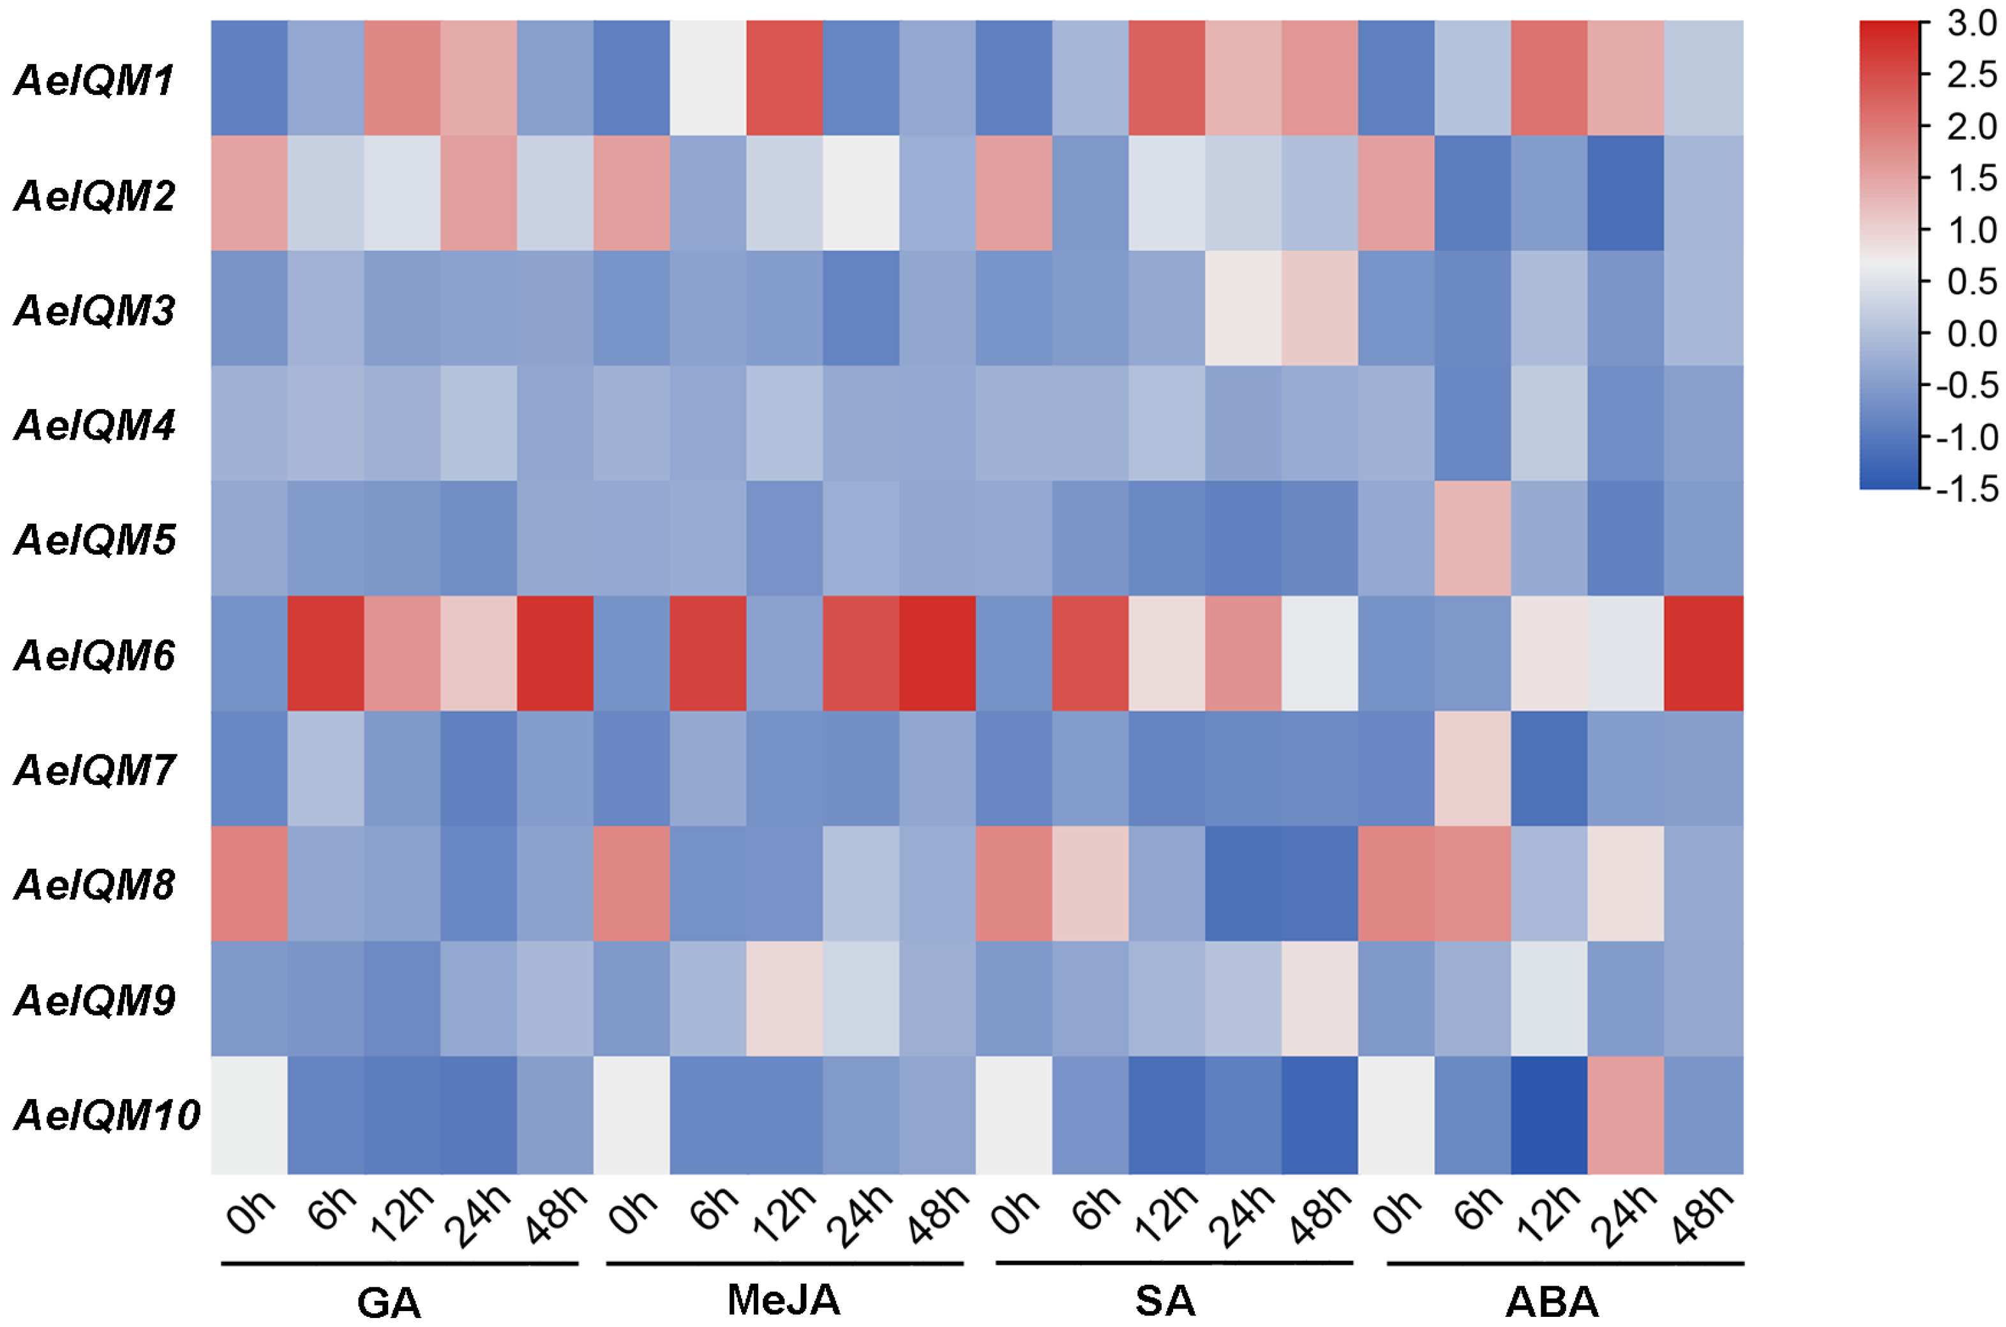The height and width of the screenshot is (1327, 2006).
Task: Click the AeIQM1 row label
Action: (x=94, y=80)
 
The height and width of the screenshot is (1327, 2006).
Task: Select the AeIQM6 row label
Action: (x=94, y=656)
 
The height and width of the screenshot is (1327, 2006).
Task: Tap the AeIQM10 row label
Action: (x=107, y=1114)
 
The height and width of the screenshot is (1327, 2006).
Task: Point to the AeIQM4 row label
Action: (x=94, y=425)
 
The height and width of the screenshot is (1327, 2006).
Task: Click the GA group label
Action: (x=388, y=1301)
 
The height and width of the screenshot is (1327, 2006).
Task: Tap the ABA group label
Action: (x=1552, y=1301)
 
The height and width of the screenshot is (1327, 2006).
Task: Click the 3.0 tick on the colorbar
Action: (x=1972, y=24)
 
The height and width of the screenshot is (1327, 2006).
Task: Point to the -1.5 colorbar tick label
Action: (x=1966, y=489)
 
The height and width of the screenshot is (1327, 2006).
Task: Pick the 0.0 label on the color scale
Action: (x=1972, y=333)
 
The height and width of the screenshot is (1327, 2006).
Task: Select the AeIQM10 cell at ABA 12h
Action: (x=1549, y=1114)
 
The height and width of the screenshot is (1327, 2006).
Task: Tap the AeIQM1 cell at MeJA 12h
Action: (x=784, y=78)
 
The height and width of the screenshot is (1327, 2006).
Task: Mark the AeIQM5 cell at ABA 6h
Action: (x=1472, y=538)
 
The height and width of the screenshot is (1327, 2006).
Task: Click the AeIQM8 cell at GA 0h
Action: (x=249, y=883)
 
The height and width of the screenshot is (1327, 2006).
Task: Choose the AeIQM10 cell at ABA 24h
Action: (x=1625, y=1114)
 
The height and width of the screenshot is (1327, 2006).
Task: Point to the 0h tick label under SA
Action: (x=1014, y=1212)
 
